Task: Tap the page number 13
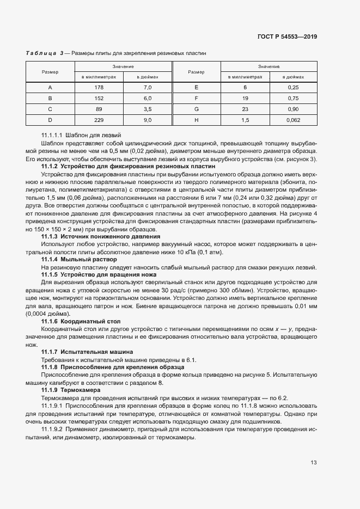(x=314, y=463)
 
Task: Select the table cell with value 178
(x=99, y=88)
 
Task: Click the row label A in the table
(x=50, y=88)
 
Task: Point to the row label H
(x=196, y=120)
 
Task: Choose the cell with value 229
(x=99, y=120)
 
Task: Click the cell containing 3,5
(x=147, y=109)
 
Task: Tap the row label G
(x=196, y=109)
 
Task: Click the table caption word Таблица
(x=41, y=53)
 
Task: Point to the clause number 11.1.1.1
(x=52, y=134)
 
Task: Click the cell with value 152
(x=99, y=99)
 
